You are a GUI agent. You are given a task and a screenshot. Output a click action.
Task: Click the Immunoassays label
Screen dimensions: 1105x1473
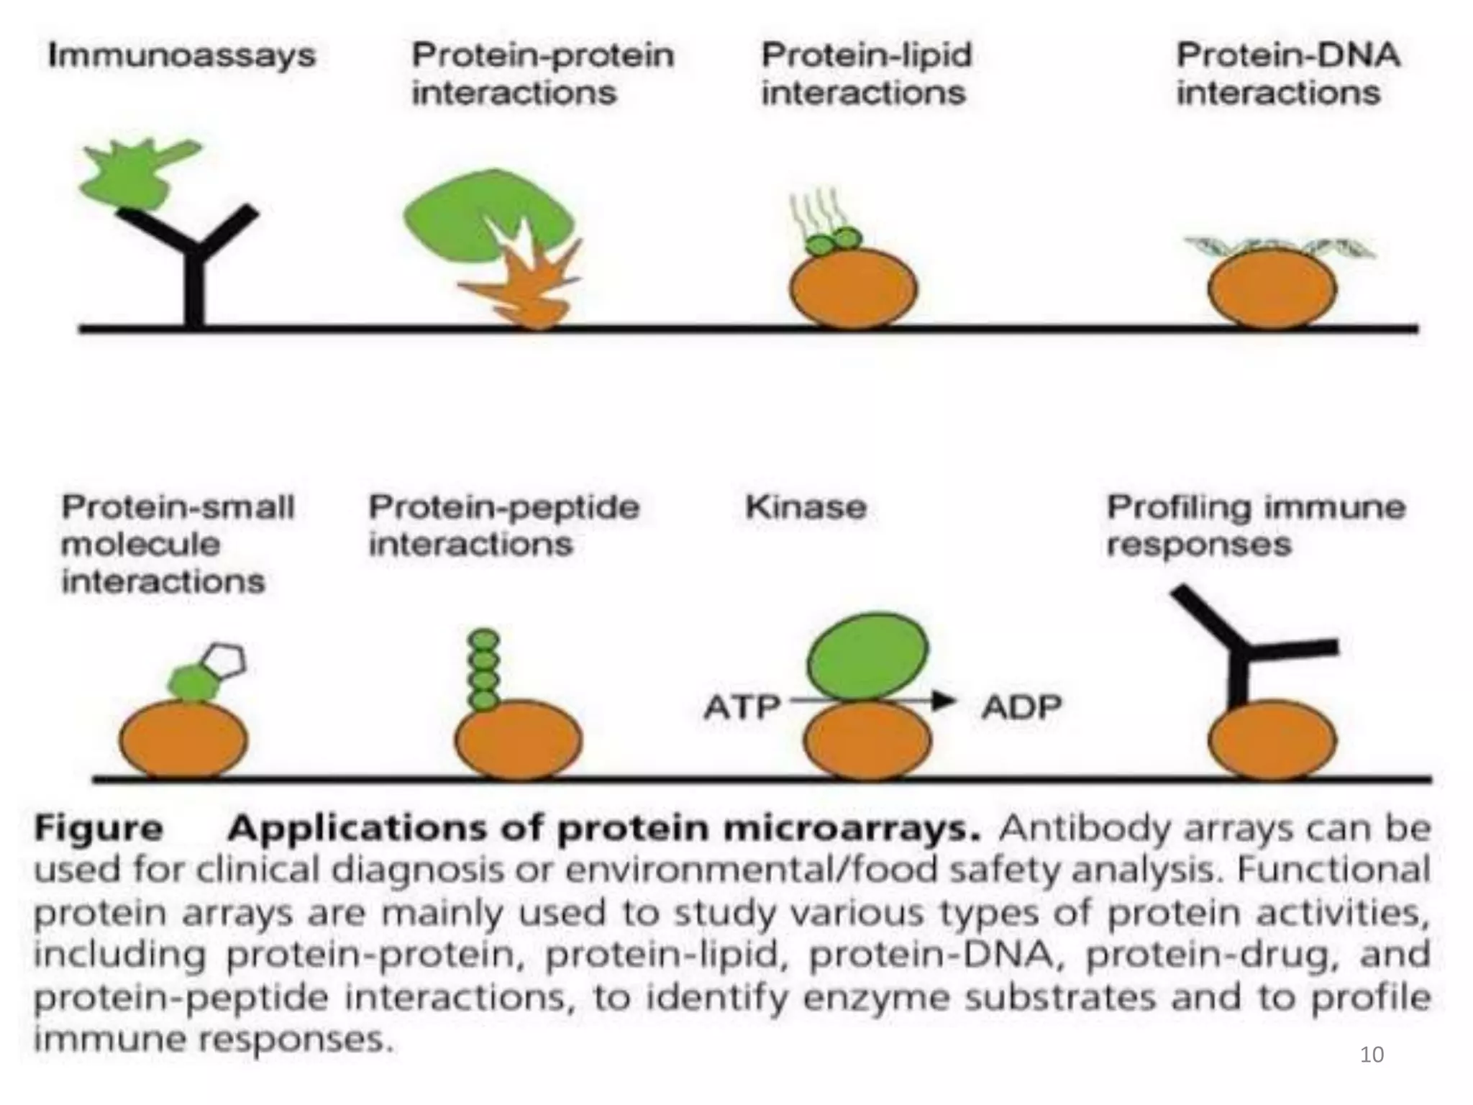[181, 56]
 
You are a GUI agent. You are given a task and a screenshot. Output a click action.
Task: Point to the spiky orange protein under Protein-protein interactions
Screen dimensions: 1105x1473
[532, 288]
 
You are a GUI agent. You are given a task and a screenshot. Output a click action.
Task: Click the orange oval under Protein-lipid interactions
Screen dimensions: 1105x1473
[853, 289]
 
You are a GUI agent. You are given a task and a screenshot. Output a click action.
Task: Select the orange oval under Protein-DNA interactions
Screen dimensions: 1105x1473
[1272, 289]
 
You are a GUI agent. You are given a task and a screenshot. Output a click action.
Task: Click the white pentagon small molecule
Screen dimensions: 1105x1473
[224, 660]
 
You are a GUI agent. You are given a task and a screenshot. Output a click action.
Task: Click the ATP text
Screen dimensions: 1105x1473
[742, 707]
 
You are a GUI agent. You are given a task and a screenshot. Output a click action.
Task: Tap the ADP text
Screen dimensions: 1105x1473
[1021, 707]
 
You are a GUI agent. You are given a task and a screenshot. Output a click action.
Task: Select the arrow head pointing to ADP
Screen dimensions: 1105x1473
[944, 700]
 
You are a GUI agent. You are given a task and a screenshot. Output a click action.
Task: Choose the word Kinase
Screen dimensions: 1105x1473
[806, 507]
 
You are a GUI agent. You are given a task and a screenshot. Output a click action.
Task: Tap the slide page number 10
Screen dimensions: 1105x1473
[1372, 1055]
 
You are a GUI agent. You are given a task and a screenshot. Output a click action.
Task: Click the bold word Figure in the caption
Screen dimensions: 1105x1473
[99, 829]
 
